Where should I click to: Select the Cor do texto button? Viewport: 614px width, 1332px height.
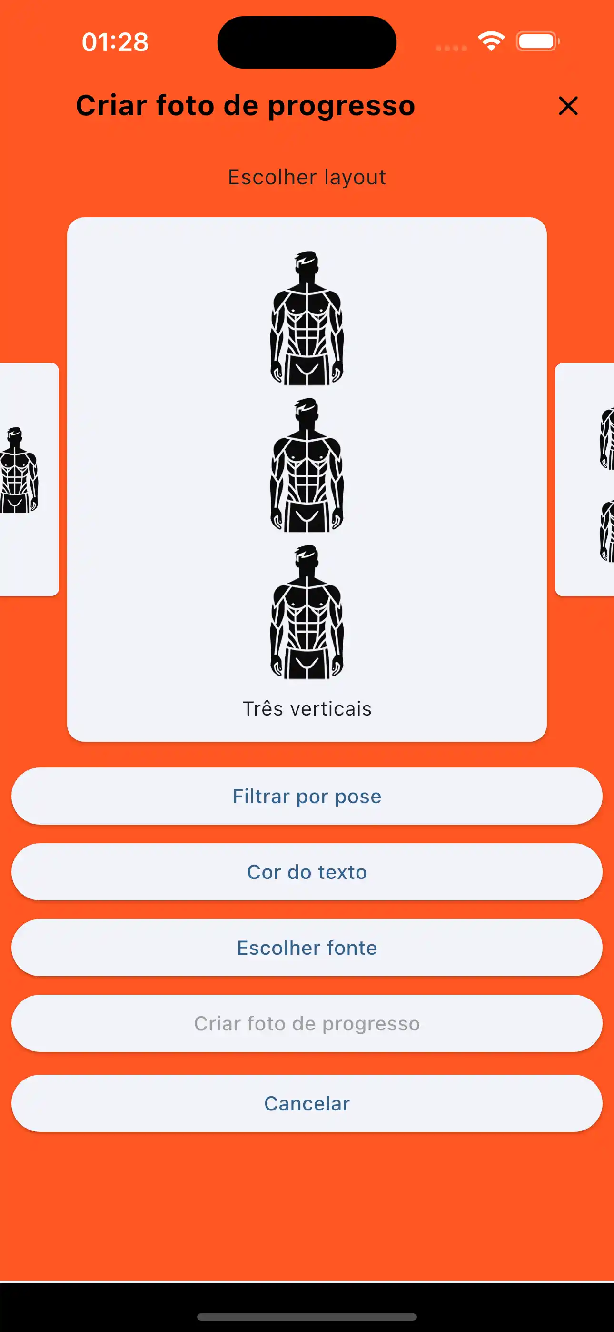tap(307, 872)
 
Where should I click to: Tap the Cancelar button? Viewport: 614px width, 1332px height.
tap(307, 1103)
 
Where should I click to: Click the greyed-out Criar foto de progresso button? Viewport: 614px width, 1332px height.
tap(307, 1023)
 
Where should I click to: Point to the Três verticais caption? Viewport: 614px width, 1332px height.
tap(307, 709)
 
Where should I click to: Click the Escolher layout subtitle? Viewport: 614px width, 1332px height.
tap(307, 177)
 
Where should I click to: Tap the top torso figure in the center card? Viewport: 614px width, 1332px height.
tap(307, 319)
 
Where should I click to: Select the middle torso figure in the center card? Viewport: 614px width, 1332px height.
tap(307, 465)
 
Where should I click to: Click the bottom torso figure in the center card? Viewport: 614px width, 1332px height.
tap(307, 612)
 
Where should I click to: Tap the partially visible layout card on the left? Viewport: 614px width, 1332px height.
tap(29, 479)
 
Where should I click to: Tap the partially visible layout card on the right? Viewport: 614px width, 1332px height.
tap(584, 479)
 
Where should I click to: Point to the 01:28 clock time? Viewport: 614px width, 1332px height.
tap(115, 42)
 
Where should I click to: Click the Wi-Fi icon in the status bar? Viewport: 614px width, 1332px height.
tap(491, 41)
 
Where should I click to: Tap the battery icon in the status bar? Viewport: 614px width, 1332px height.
tap(538, 41)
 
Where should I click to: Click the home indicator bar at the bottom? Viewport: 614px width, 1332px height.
tap(307, 1316)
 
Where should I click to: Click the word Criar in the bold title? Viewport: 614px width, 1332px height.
tap(112, 105)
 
